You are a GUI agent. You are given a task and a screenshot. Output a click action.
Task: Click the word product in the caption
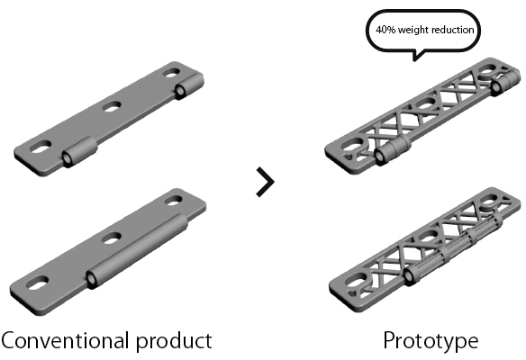point(174,342)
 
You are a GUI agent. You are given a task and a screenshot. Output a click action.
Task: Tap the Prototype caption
point(431,342)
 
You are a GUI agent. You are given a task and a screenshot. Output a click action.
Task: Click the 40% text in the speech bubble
point(385,30)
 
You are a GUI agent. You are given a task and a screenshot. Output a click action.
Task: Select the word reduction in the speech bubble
point(452,30)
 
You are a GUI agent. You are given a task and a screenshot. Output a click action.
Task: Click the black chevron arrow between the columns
point(266,182)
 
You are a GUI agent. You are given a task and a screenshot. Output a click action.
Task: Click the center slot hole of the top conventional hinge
point(112,106)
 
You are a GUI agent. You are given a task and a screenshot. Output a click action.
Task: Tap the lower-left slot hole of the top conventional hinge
point(41,147)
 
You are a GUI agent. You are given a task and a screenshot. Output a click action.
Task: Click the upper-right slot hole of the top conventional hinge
point(171,73)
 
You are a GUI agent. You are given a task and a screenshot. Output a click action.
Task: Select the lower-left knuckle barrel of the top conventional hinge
point(79,152)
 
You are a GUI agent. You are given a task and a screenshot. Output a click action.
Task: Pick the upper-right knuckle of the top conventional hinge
point(188,86)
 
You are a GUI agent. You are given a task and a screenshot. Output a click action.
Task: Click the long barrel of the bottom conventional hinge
point(137,251)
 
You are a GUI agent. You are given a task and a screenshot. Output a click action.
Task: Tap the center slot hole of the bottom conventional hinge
point(112,238)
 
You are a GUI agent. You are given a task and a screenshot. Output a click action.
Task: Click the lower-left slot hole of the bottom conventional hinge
point(37,283)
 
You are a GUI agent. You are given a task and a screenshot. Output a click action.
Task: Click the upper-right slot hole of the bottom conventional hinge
point(173,201)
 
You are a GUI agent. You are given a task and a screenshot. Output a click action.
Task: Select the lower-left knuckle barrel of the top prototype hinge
point(393,150)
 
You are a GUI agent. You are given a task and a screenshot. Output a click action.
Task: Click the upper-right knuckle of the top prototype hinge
point(505,82)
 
